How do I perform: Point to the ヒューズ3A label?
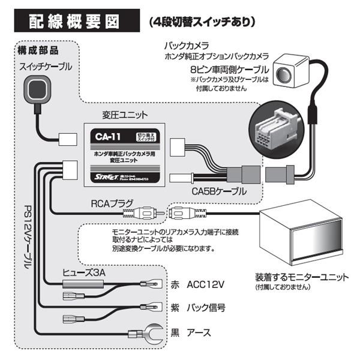pyautogui.click(x=85, y=272)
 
